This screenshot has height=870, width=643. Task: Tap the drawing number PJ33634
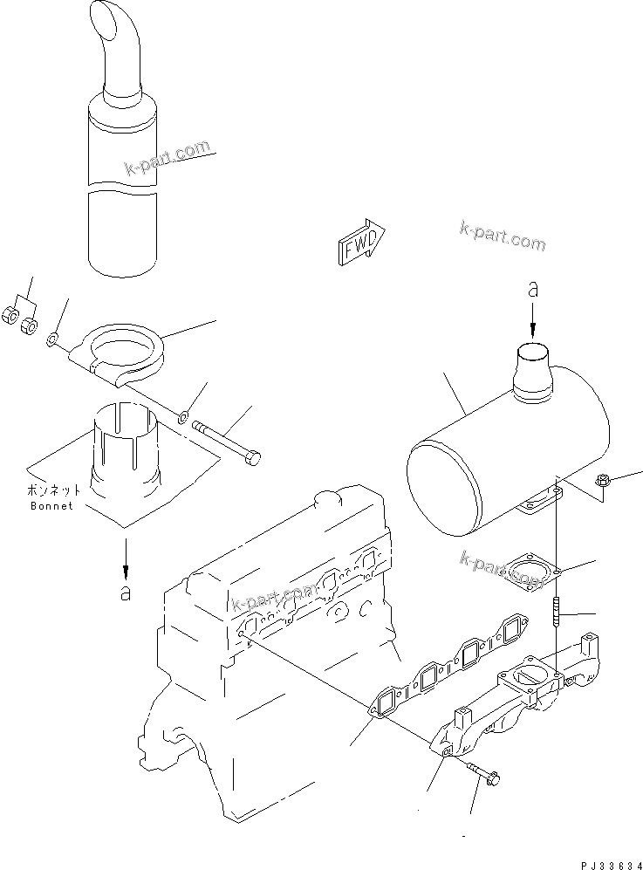[x=592, y=860]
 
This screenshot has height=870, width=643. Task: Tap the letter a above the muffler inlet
[x=532, y=291]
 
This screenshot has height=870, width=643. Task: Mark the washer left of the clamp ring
[x=54, y=338]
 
